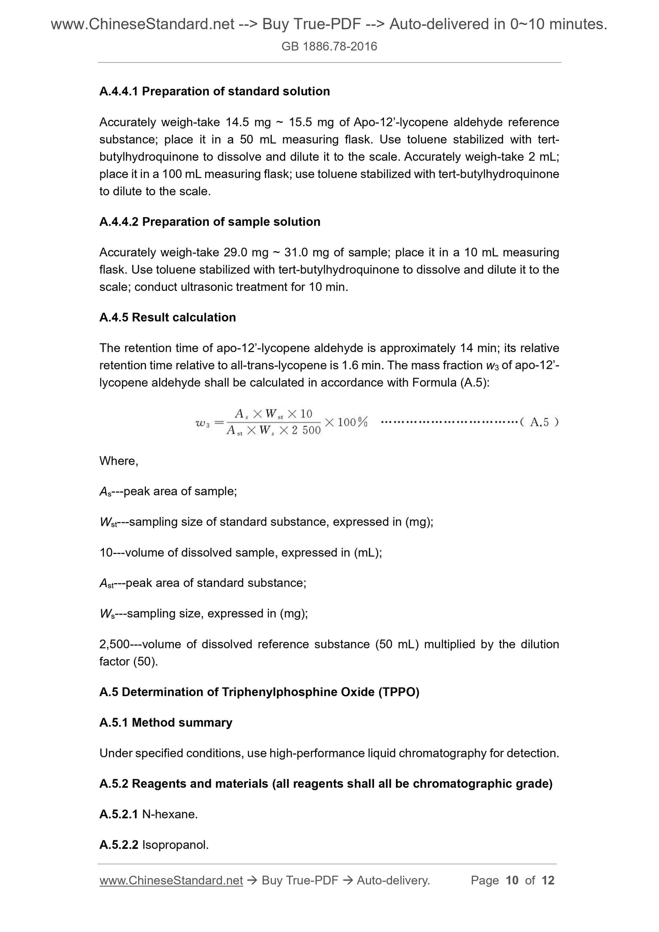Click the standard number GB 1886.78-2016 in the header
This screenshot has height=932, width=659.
click(x=329, y=47)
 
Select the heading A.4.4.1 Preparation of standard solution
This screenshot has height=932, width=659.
click(x=214, y=91)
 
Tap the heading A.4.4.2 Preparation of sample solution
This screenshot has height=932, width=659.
click(x=210, y=222)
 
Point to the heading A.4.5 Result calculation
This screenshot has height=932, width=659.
click(x=167, y=317)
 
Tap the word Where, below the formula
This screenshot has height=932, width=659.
click(x=119, y=461)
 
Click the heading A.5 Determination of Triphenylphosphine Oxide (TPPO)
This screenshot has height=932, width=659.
click(x=259, y=692)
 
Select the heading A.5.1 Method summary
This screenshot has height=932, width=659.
click(x=166, y=723)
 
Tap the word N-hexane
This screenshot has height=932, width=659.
click(x=170, y=814)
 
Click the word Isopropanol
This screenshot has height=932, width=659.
click(x=175, y=845)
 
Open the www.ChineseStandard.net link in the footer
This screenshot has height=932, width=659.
click(x=171, y=880)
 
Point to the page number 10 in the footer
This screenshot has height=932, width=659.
click(x=512, y=880)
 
